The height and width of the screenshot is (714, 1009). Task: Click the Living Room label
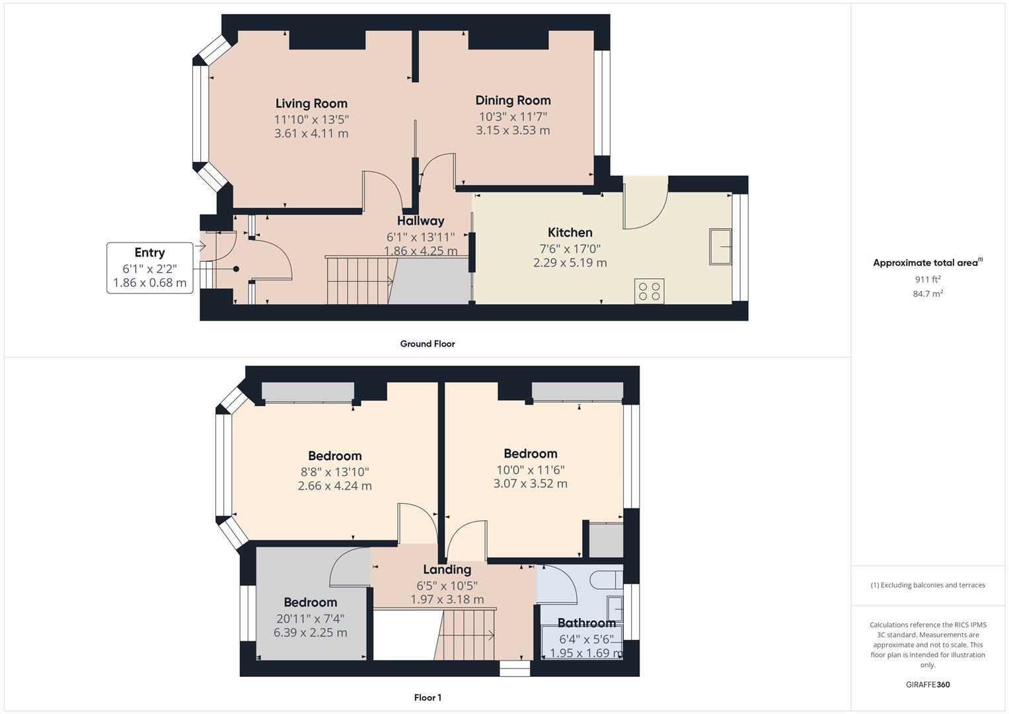(x=311, y=103)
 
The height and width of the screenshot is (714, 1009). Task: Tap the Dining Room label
(x=513, y=100)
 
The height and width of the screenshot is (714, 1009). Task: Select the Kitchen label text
(x=570, y=232)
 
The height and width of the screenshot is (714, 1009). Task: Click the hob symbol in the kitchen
(x=649, y=292)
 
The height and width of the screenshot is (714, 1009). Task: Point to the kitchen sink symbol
(x=720, y=247)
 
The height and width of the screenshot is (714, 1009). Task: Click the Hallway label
(x=420, y=221)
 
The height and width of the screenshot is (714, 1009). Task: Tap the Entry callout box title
(x=149, y=253)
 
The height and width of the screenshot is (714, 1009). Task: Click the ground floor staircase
(x=359, y=281)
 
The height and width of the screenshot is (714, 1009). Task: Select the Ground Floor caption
(x=427, y=344)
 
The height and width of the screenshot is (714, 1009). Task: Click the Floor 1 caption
(x=427, y=697)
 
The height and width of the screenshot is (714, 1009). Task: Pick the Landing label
(x=447, y=569)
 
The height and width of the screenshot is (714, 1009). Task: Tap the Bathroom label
(x=586, y=623)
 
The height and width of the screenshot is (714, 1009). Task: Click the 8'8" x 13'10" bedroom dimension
(x=334, y=472)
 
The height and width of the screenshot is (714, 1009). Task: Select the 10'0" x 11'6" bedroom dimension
(x=530, y=470)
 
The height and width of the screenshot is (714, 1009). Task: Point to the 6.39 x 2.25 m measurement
(x=310, y=632)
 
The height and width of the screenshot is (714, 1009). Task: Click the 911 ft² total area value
(x=928, y=279)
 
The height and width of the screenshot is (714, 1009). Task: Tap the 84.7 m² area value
(x=928, y=294)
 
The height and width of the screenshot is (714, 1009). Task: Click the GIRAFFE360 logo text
(x=928, y=684)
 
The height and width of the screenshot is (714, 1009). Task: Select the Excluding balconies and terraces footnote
(x=928, y=585)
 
